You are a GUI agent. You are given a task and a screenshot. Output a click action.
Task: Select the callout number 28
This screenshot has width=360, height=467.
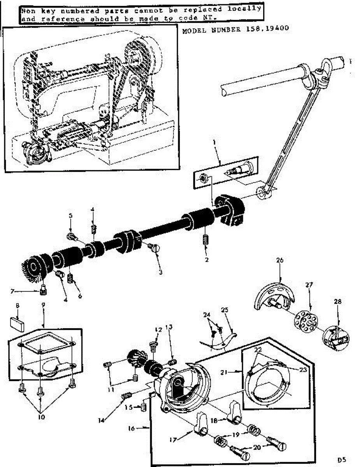pos(337,302)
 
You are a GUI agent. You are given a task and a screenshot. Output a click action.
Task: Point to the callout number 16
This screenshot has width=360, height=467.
pos(131,428)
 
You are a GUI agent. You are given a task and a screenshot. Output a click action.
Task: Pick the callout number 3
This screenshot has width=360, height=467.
pos(160,272)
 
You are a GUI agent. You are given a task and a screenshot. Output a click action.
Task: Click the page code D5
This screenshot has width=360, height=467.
pos(342,460)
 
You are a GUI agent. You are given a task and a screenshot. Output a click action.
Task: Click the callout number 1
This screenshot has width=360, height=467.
pos(214,143)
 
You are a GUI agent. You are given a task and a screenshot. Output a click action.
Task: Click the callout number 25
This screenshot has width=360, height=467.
pos(224,310)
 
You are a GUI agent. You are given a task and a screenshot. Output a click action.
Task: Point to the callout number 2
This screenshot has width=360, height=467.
pos(207,260)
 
